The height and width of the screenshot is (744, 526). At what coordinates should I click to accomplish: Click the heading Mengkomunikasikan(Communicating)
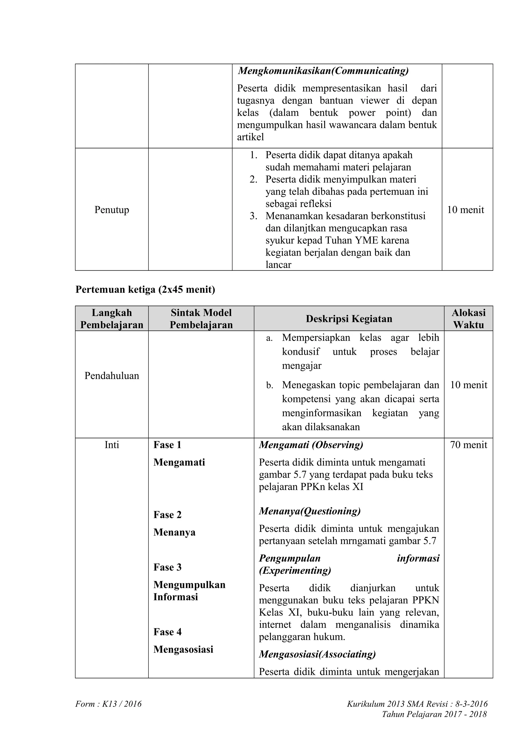(323, 71)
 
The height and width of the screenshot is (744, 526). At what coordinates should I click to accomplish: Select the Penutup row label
(111, 210)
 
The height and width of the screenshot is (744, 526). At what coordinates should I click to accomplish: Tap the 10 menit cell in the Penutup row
(465, 210)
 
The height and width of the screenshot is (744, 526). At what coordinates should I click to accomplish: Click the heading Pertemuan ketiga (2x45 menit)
(145, 289)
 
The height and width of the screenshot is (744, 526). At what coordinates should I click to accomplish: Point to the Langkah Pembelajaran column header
(111, 319)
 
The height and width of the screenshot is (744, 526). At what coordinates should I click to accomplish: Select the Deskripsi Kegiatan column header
(349, 319)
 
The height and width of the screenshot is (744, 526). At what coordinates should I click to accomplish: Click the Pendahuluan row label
(111, 376)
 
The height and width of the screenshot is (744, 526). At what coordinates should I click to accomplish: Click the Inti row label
(111, 445)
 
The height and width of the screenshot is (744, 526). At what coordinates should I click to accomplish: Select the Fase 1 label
(167, 445)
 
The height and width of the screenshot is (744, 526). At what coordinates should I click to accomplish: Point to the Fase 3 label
(167, 567)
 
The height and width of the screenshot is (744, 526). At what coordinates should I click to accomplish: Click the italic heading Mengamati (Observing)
(311, 445)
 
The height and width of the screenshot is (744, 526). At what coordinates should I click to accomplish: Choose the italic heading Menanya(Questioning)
(309, 511)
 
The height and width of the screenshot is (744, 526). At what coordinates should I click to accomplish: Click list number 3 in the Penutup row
(253, 216)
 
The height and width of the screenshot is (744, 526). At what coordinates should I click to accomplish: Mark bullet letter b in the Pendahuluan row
(270, 385)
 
